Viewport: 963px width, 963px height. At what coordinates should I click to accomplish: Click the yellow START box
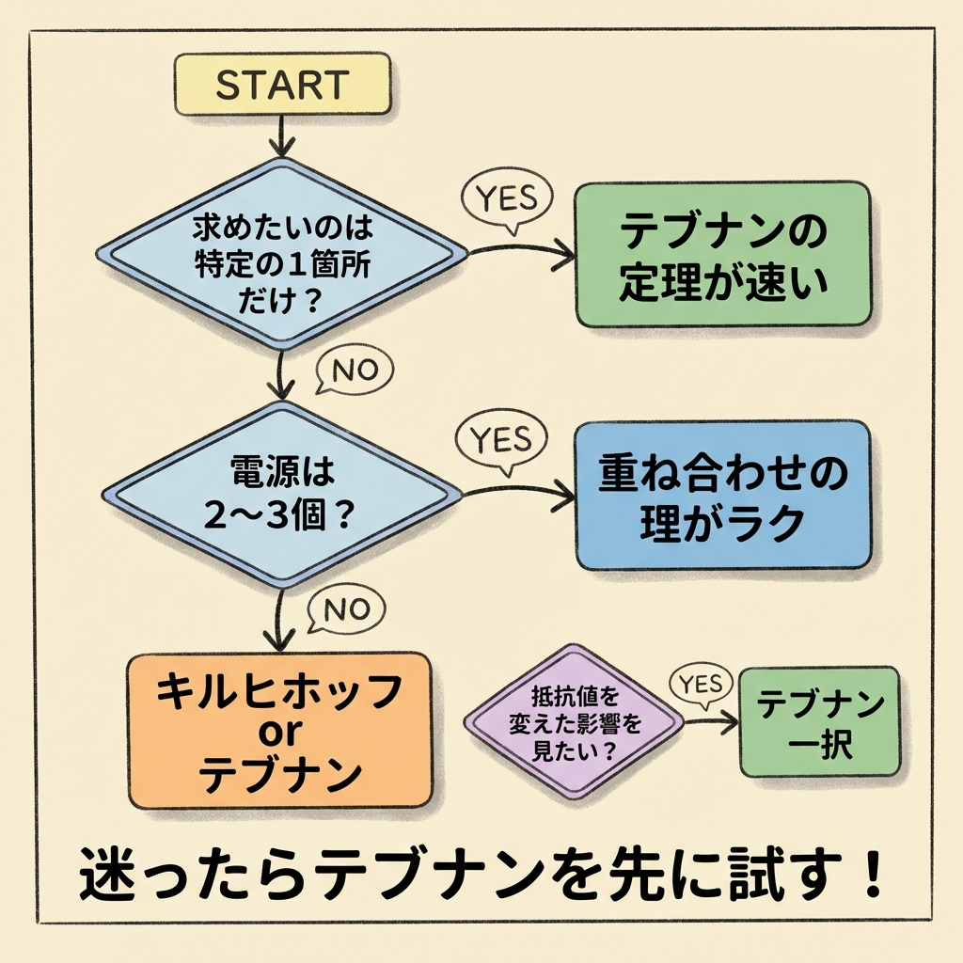click(x=282, y=84)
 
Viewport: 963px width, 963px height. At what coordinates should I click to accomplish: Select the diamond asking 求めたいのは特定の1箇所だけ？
click(x=282, y=254)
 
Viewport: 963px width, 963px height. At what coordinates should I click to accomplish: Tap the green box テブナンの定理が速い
click(x=722, y=255)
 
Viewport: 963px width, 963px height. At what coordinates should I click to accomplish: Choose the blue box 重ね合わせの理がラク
click(x=722, y=495)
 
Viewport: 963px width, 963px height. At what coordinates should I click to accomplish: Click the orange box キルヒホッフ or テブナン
click(x=280, y=731)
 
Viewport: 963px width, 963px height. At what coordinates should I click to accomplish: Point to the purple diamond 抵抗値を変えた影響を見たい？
click(x=574, y=721)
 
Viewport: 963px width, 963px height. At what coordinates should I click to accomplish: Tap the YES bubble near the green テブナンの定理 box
click(x=508, y=199)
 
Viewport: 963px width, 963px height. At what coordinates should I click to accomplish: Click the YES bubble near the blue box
click(x=499, y=439)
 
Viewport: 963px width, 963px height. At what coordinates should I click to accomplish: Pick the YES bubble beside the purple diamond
click(x=700, y=685)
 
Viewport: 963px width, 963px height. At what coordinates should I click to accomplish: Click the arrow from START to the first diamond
click(x=280, y=136)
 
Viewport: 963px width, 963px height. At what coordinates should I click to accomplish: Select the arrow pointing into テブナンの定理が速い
click(x=522, y=251)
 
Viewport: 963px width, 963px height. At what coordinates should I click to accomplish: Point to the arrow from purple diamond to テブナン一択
click(x=710, y=722)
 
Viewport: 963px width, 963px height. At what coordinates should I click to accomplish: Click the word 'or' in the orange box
click(x=280, y=732)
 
